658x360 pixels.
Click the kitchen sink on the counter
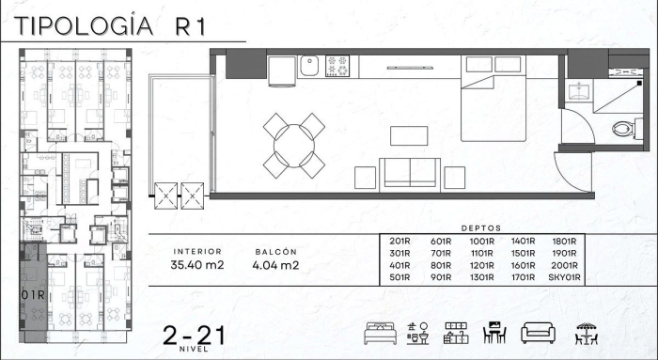point(309,67)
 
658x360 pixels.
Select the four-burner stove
point(337,67)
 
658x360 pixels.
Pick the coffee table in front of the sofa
point(409,135)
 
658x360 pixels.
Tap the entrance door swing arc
point(572,171)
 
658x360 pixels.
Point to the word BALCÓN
point(276,252)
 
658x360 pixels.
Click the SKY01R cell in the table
point(569,277)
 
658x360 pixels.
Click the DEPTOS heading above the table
point(482,227)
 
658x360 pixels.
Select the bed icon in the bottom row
point(378,333)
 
